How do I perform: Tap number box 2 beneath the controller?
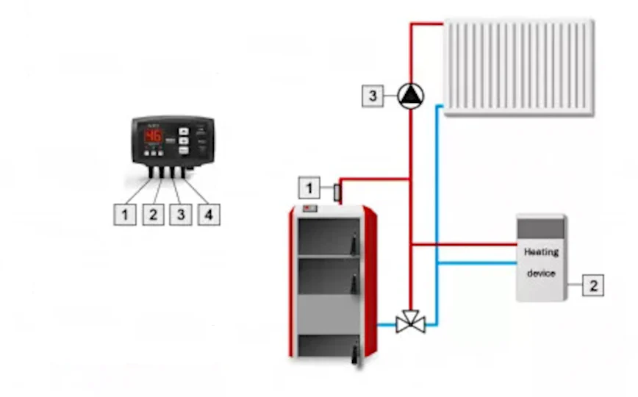coord(153,215)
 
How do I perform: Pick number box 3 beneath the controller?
coord(181,215)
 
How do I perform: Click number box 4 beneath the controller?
coord(209,215)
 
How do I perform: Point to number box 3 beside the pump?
coord(373,96)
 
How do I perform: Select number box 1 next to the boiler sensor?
coord(309,188)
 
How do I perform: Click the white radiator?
coord(519,67)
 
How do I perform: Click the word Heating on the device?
coord(541,252)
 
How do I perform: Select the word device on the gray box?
coord(541,273)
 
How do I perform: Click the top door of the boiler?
coord(327,236)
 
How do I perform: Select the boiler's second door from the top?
coord(327,275)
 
